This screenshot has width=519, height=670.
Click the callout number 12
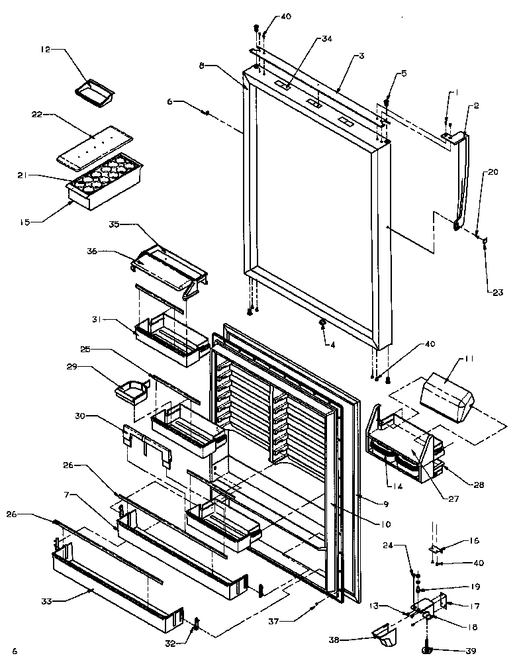click(45, 49)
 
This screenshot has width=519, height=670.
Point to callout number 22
click(37, 115)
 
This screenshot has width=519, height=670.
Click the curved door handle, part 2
click(462, 179)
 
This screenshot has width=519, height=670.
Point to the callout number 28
click(479, 485)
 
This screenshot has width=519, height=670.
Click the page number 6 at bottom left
click(15, 651)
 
